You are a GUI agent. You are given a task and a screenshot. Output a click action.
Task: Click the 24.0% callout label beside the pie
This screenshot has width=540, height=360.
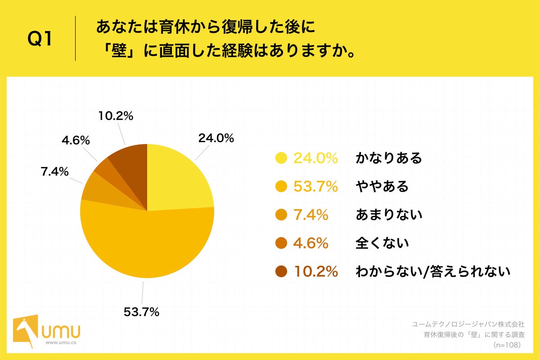pyautogui.click(x=216, y=139)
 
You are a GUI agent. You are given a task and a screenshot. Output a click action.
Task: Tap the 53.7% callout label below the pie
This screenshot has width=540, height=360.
pyautogui.click(x=141, y=311)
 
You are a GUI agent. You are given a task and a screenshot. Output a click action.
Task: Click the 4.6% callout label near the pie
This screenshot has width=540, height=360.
pyautogui.click(x=76, y=140)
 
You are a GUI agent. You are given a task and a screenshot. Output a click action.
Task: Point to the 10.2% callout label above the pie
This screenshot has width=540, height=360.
pyautogui.click(x=116, y=116)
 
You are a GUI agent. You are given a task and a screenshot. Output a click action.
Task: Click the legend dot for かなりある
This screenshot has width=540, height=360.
pyautogui.click(x=281, y=158)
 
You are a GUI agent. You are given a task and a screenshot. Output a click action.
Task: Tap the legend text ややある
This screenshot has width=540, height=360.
pyautogui.click(x=382, y=186)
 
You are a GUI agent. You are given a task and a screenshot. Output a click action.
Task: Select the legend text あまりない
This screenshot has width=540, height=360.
pyautogui.click(x=389, y=215)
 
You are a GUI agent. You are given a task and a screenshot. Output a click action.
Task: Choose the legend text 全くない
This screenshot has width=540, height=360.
pyautogui.click(x=382, y=243)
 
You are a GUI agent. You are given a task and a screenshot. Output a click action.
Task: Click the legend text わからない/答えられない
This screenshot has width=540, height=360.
pyautogui.click(x=433, y=272)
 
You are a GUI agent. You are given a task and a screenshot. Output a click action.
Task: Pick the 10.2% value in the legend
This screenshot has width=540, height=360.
pyautogui.click(x=315, y=272)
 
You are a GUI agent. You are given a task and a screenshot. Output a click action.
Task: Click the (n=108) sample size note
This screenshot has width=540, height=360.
pyautogui.click(x=507, y=345)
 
